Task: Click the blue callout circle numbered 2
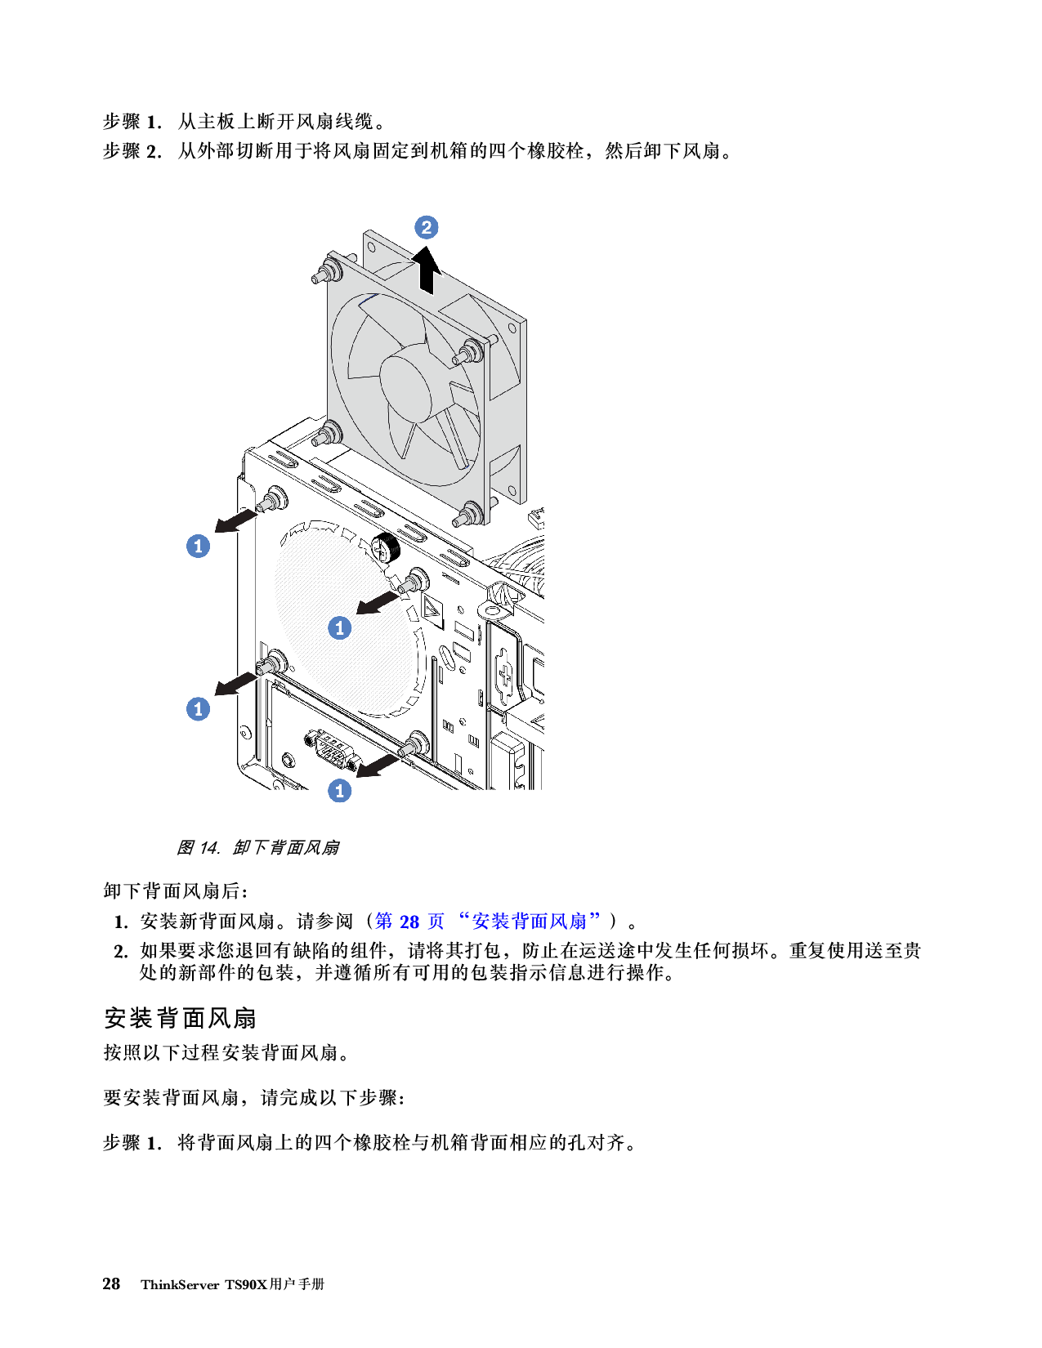tap(426, 227)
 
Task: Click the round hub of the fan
tap(416, 382)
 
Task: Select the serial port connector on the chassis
tap(330, 750)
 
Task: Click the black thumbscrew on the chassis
tap(385, 547)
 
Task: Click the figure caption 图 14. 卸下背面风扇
tap(257, 847)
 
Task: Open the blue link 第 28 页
tap(409, 922)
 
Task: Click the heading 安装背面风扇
tap(180, 1018)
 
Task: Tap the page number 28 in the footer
tap(111, 1283)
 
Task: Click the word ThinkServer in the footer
tap(180, 1284)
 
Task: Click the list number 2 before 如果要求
tap(121, 951)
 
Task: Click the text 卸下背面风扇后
tap(175, 890)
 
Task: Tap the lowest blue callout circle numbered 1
tap(340, 791)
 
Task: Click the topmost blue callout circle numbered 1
tap(199, 546)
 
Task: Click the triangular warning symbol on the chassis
tap(432, 608)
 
